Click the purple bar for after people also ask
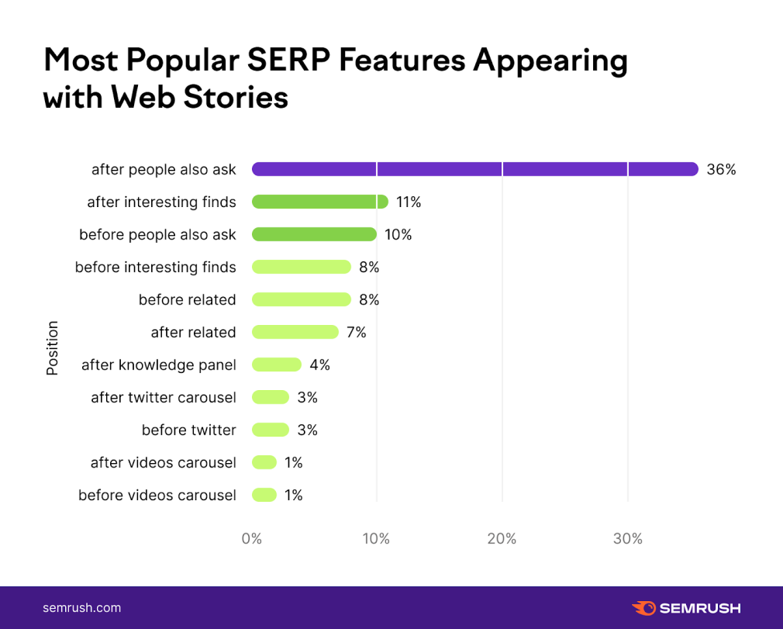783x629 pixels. [x=474, y=169]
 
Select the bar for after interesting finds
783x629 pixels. [x=319, y=202]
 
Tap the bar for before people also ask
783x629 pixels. [x=314, y=234]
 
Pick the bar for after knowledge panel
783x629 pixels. [x=276, y=365]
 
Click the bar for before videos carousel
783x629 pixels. [x=264, y=495]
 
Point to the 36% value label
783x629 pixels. [x=721, y=169]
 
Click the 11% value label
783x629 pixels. [x=409, y=202]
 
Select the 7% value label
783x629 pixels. [x=357, y=332]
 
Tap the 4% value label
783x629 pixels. [x=319, y=365]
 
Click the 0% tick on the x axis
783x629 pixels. [x=252, y=538]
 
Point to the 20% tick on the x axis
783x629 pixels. [x=502, y=538]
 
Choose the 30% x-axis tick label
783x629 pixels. [x=627, y=538]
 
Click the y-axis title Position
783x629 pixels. [x=53, y=348]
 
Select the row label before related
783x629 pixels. [x=187, y=299]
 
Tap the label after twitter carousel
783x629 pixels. [x=163, y=397]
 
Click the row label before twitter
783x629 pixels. [x=188, y=430]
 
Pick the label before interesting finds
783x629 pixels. [x=155, y=267]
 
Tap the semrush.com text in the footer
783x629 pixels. [x=81, y=608]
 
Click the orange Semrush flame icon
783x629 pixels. [x=643, y=608]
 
